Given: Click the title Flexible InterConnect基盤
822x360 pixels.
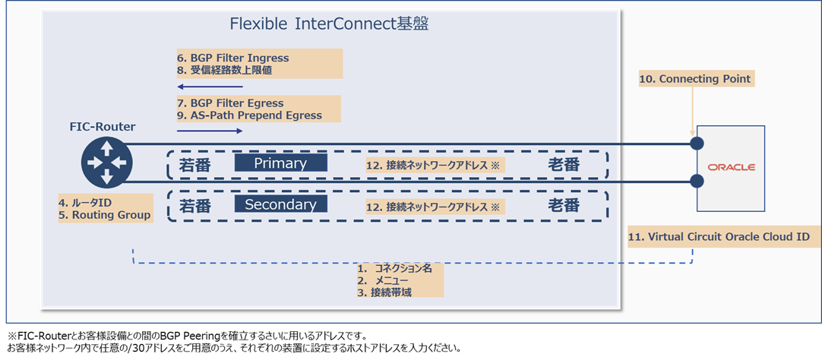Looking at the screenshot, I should pos(329,24).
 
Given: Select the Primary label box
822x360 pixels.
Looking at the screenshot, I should pos(280,163).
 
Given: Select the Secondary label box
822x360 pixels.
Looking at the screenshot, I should pos(280,204).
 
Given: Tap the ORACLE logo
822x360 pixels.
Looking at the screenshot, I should pos(731,167).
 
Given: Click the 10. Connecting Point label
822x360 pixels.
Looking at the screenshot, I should pos(694,79).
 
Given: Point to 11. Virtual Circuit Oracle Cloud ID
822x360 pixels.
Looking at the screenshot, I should pos(724,237).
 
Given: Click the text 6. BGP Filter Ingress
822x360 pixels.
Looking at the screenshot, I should pos(232,58).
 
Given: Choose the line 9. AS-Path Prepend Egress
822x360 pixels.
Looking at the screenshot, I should pos(249,115).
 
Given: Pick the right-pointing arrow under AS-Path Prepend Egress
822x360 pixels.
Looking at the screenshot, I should pos(210,131).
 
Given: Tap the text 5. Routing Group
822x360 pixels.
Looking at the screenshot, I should pos(105,215).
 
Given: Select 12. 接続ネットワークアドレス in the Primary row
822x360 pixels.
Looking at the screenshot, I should pos(435,164).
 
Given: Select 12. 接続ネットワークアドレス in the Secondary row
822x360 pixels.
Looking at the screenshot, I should pos(435,206).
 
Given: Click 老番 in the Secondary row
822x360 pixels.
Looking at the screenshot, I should pos(564,205).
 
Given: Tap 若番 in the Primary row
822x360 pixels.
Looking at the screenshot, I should pos(195,164).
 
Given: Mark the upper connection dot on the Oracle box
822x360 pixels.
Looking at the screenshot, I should pos(696,144).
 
